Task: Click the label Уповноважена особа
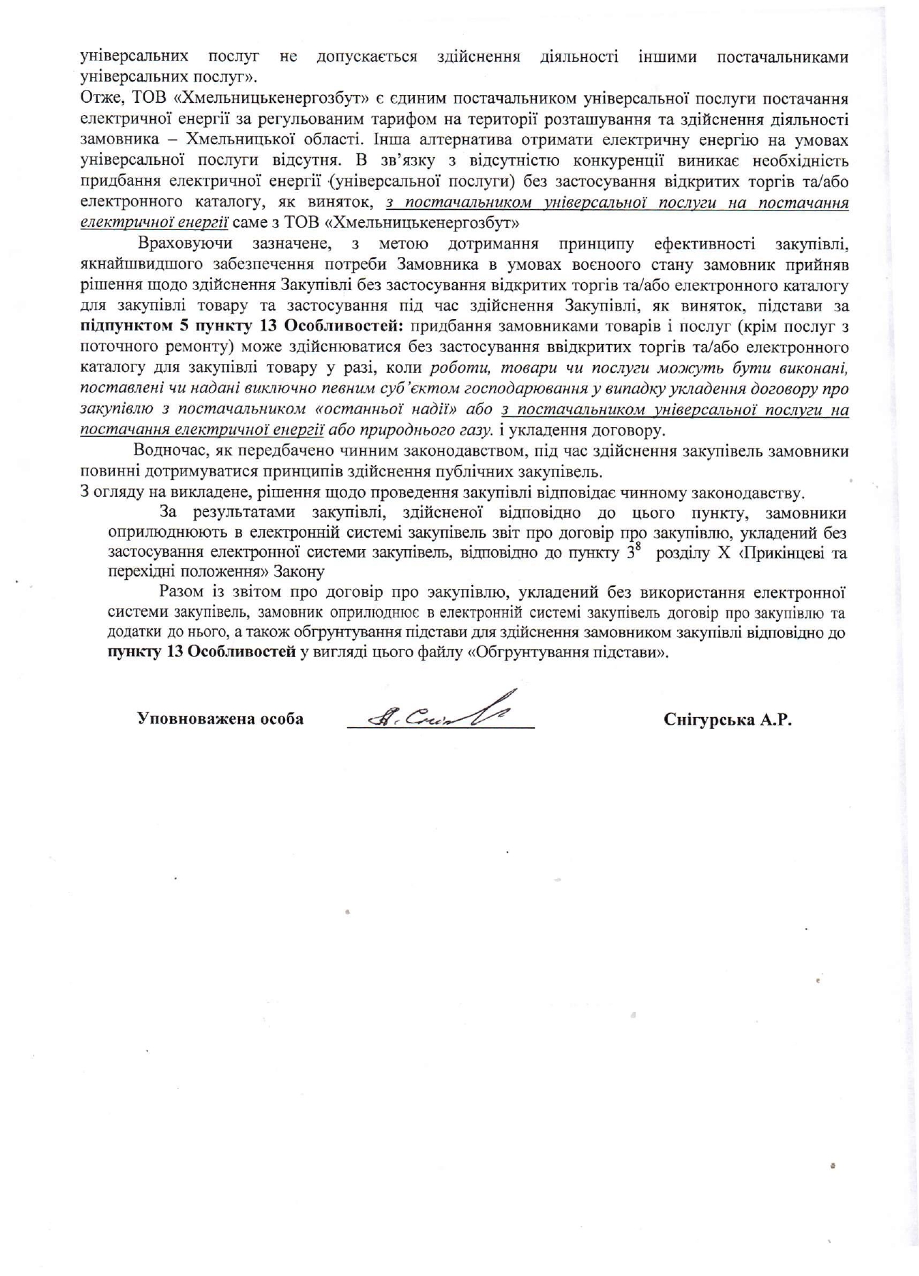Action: point(220,719)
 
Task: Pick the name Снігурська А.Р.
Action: point(728,720)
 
